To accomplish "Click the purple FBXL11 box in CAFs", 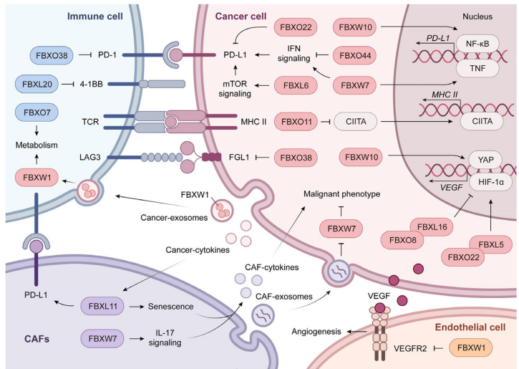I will [103, 305].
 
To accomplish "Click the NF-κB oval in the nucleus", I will [477, 48].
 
